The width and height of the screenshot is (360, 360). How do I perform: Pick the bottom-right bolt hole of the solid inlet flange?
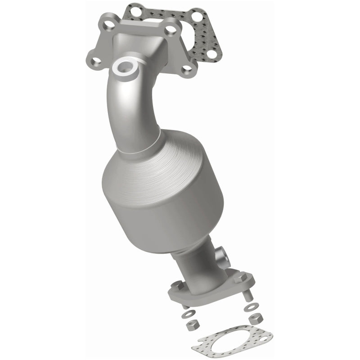coord(188,69)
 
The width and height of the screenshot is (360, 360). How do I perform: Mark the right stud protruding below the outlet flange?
coord(248,295)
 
